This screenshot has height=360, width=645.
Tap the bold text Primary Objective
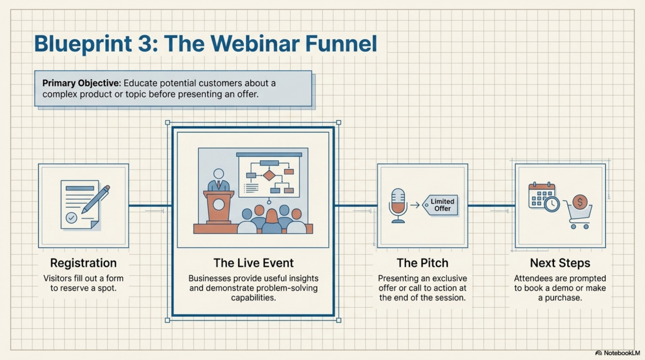pyautogui.click(x=81, y=83)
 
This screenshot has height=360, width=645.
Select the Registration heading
pyautogui.click(x=83, y=263)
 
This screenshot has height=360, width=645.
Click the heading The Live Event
pyautogui.click(x=253, y=263)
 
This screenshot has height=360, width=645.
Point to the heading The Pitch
pyautogui.click(x=422, y=263)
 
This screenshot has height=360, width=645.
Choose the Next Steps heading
pyautogui.click(x=560, y=263)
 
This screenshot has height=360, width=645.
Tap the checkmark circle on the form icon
pyautogui.click(x=71, y=218)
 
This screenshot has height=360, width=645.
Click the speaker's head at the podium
pyautogui.click(x=218, y=174)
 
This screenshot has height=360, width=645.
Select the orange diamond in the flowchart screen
pyautogui.click(x=269, y=175)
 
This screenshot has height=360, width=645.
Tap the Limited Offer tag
pyautogui.click(x=441, y=205)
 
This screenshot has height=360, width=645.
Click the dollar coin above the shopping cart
pyautogui.click(x=580, y=202)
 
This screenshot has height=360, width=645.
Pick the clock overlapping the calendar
pyautogui.click(x=552, y=204)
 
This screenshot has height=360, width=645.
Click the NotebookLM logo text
pyautogui.click(x=621, y=353)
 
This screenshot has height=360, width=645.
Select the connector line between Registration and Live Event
pyautogui.click(x=150, y=205)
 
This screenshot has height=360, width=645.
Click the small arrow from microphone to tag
pyautogui.click(x=415, y=205)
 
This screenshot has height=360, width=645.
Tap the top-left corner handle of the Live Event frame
pyautogui.click(x=167, y=123)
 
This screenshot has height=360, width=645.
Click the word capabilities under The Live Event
pyautogui.click(x=253, y=297)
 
